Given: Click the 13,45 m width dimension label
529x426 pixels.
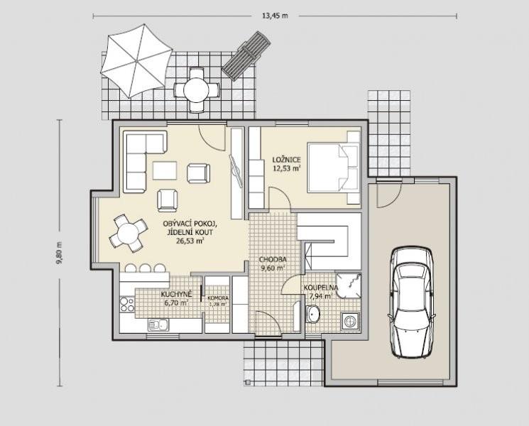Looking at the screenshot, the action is [275, 16].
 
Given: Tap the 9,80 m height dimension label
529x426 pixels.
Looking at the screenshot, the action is [60, 253].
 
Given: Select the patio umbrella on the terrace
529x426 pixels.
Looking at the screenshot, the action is [136, 61].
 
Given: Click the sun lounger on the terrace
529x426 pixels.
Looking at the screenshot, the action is [246, 55].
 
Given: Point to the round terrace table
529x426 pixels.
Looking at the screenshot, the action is [197, 90].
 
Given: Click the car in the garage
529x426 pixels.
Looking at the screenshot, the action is [411, 302].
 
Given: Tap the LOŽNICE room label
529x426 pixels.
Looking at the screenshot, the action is [286, 160].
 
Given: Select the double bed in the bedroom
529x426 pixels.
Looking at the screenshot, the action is [333, 168].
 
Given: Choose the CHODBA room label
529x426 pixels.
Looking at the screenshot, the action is [273, 259].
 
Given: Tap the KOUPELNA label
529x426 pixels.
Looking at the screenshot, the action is [321, 288].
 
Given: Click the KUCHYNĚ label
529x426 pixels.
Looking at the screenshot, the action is [176, 294].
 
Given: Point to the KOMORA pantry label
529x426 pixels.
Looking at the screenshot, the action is [218, 298].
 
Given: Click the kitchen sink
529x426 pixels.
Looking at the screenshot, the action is [158, 324].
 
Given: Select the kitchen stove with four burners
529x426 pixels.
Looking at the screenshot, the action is [127, 305].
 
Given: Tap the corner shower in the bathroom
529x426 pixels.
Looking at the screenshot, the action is [349, 285].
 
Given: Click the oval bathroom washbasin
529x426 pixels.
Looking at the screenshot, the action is [313, 314].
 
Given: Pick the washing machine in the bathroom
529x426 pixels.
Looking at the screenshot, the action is [350, 320].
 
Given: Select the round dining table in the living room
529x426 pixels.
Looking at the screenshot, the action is [129, 233].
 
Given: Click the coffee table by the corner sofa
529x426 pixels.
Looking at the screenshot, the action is [165, 170].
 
